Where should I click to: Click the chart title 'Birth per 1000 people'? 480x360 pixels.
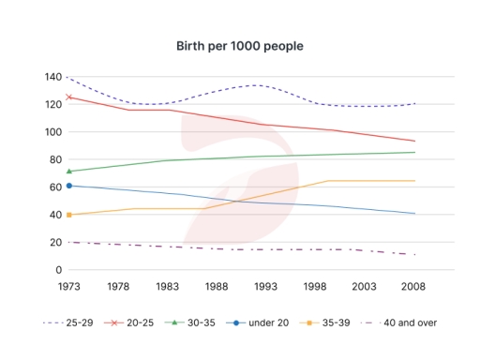click(x=240, y=46)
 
